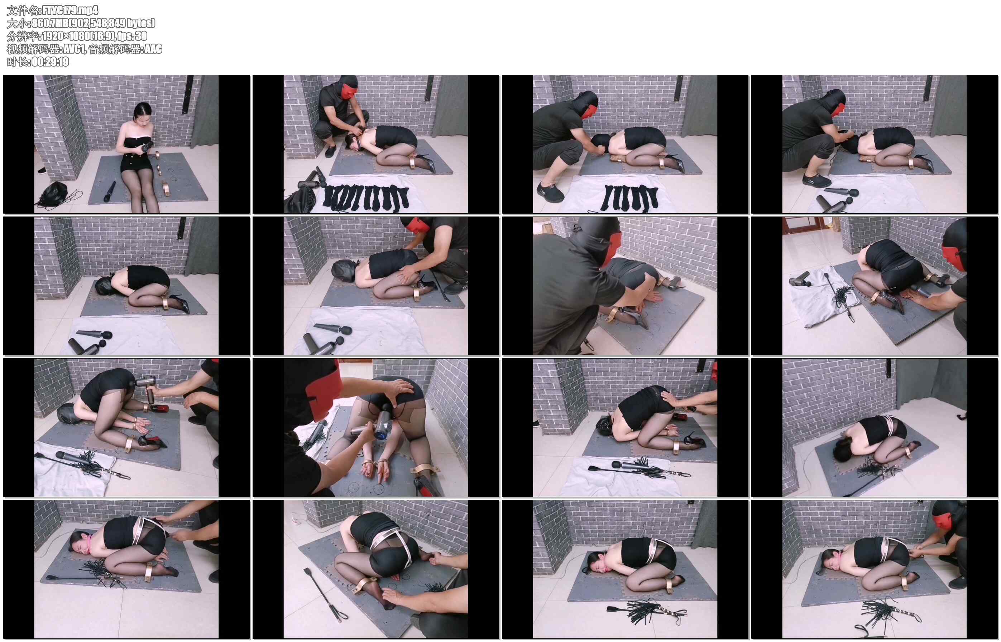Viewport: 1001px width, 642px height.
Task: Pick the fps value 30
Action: [141, 36]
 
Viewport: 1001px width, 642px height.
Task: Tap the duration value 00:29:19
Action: [50, 62]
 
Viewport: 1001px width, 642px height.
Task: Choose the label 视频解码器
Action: [33, 49]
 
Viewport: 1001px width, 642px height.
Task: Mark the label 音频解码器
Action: [115, 49]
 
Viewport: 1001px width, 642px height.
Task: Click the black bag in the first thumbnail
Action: [54, 194]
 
